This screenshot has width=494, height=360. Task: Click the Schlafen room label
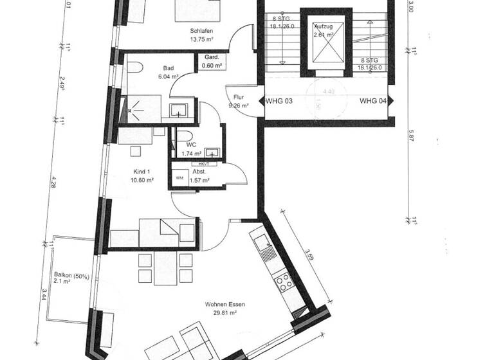201,31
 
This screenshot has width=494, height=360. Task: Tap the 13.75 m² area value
201,39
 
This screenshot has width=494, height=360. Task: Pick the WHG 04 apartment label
373,101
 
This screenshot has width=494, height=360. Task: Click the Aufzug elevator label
323,26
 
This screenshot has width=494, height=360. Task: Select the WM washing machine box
178,177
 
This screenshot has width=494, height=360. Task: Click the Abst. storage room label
199,172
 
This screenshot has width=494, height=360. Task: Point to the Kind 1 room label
141,172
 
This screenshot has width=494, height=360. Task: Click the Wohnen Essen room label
224,305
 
